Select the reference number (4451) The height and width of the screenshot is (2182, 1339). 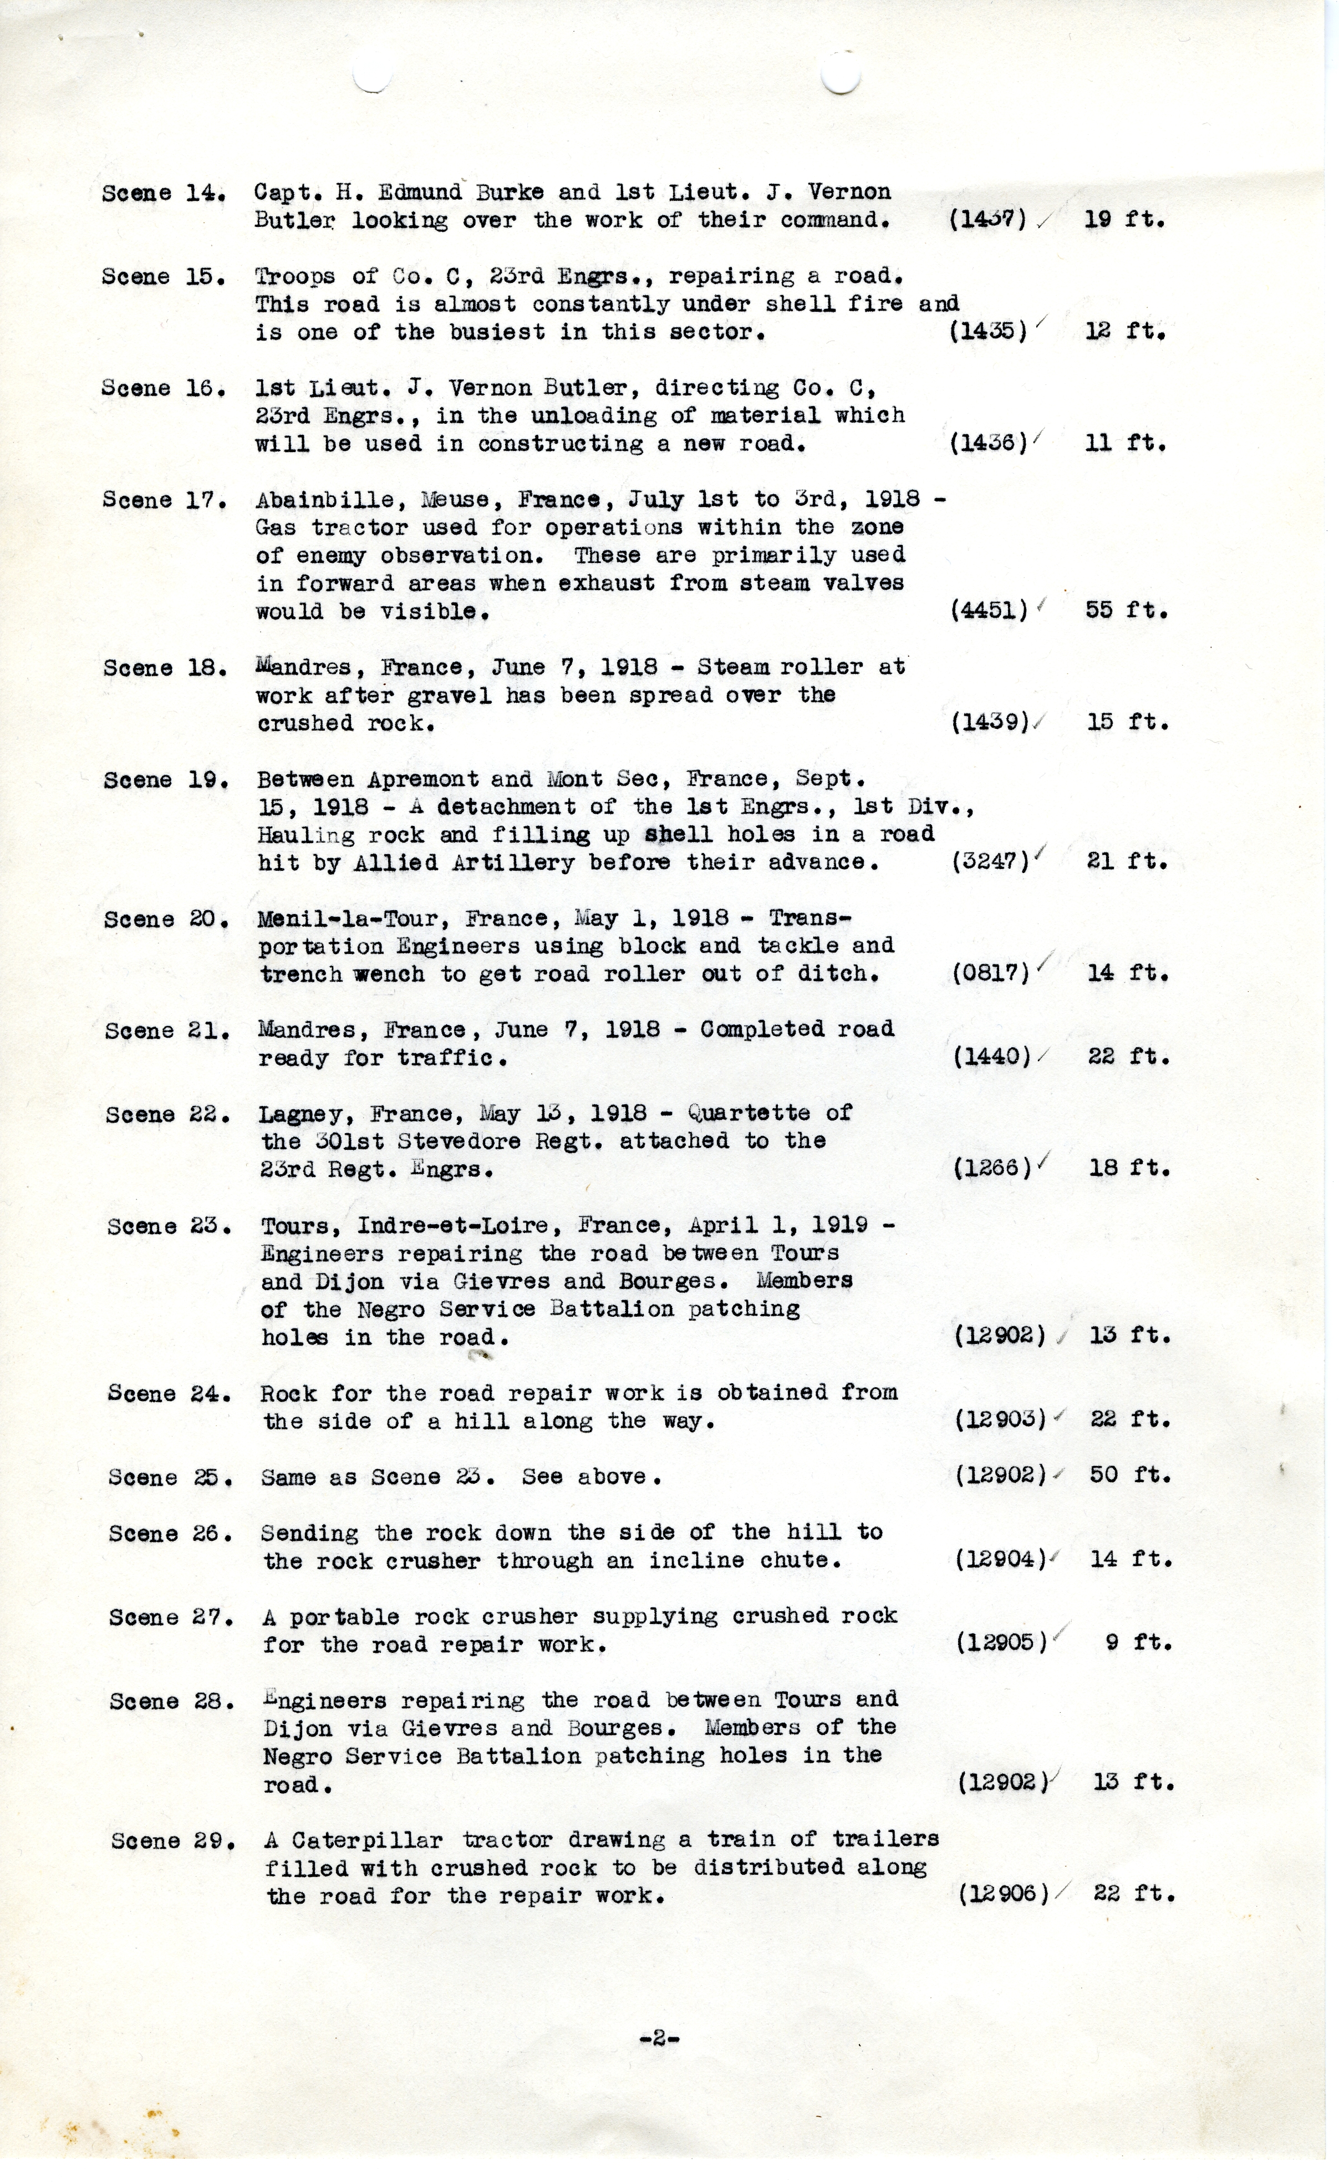click(988, 610)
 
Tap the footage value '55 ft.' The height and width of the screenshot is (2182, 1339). click(1127, 610)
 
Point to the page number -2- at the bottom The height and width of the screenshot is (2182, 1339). click(659, 2038)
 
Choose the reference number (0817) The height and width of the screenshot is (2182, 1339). click(991, 973)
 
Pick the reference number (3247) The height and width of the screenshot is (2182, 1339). click(990, 862)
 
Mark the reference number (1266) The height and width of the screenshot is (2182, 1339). click(992, 1169)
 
